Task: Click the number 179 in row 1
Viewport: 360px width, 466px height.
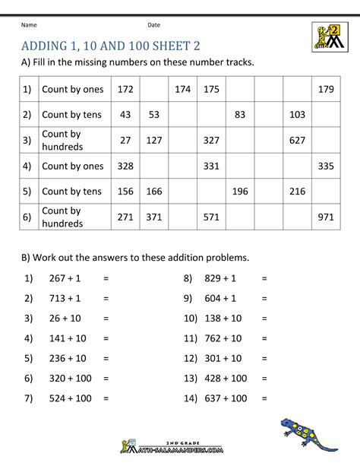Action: click(326, 90)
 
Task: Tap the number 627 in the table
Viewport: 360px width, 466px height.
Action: click(297, 140)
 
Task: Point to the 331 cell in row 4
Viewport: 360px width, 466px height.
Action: click(210, 166)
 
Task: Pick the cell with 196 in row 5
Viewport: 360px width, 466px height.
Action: click(240, 192)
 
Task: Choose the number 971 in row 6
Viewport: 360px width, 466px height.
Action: click(326, 217)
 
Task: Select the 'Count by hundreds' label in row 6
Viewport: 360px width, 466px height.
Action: click(62, 217)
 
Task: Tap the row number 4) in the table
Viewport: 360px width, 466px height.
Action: click(27, 166)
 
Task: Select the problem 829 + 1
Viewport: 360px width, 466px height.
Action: click(220, 279)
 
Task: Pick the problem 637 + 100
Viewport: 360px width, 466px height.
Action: click(226, 398)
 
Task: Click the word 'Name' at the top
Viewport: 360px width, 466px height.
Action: click(29, 25)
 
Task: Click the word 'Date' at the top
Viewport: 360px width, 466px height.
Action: click(154, 25)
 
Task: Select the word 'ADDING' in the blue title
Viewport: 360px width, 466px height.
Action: click(48, 46)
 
